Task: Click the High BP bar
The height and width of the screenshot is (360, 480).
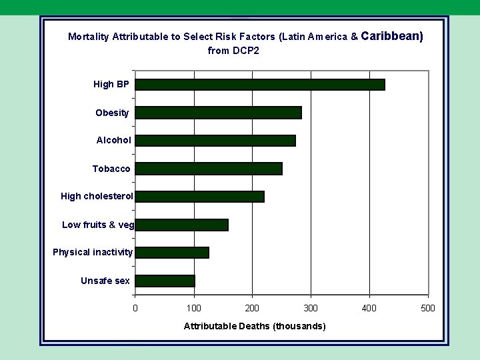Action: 260,85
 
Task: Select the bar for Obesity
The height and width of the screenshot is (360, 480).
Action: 218,113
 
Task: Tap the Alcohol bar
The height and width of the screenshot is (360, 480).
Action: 215,141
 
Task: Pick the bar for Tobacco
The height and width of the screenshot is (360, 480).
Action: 209,169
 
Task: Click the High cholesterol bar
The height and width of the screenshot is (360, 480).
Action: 199,197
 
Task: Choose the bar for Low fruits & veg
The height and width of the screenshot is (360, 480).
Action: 181,225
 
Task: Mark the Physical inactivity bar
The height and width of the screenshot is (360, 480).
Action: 172,253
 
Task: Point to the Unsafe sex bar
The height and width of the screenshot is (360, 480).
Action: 165,281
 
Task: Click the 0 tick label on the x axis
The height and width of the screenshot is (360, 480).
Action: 135,308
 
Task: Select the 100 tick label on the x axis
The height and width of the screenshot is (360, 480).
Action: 193,308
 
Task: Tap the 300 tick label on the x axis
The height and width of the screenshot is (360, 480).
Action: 311,308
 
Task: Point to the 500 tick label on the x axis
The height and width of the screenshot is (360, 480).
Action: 428,308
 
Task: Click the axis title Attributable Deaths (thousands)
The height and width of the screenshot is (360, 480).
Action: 255,326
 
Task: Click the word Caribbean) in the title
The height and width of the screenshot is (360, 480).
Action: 393,36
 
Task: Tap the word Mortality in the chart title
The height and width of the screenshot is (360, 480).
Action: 89,37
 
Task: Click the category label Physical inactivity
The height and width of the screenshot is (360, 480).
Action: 93,253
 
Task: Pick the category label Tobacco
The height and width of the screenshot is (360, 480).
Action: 111,169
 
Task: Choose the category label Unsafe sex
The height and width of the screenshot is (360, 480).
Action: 105,281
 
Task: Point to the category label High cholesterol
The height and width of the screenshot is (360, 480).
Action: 97,197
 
